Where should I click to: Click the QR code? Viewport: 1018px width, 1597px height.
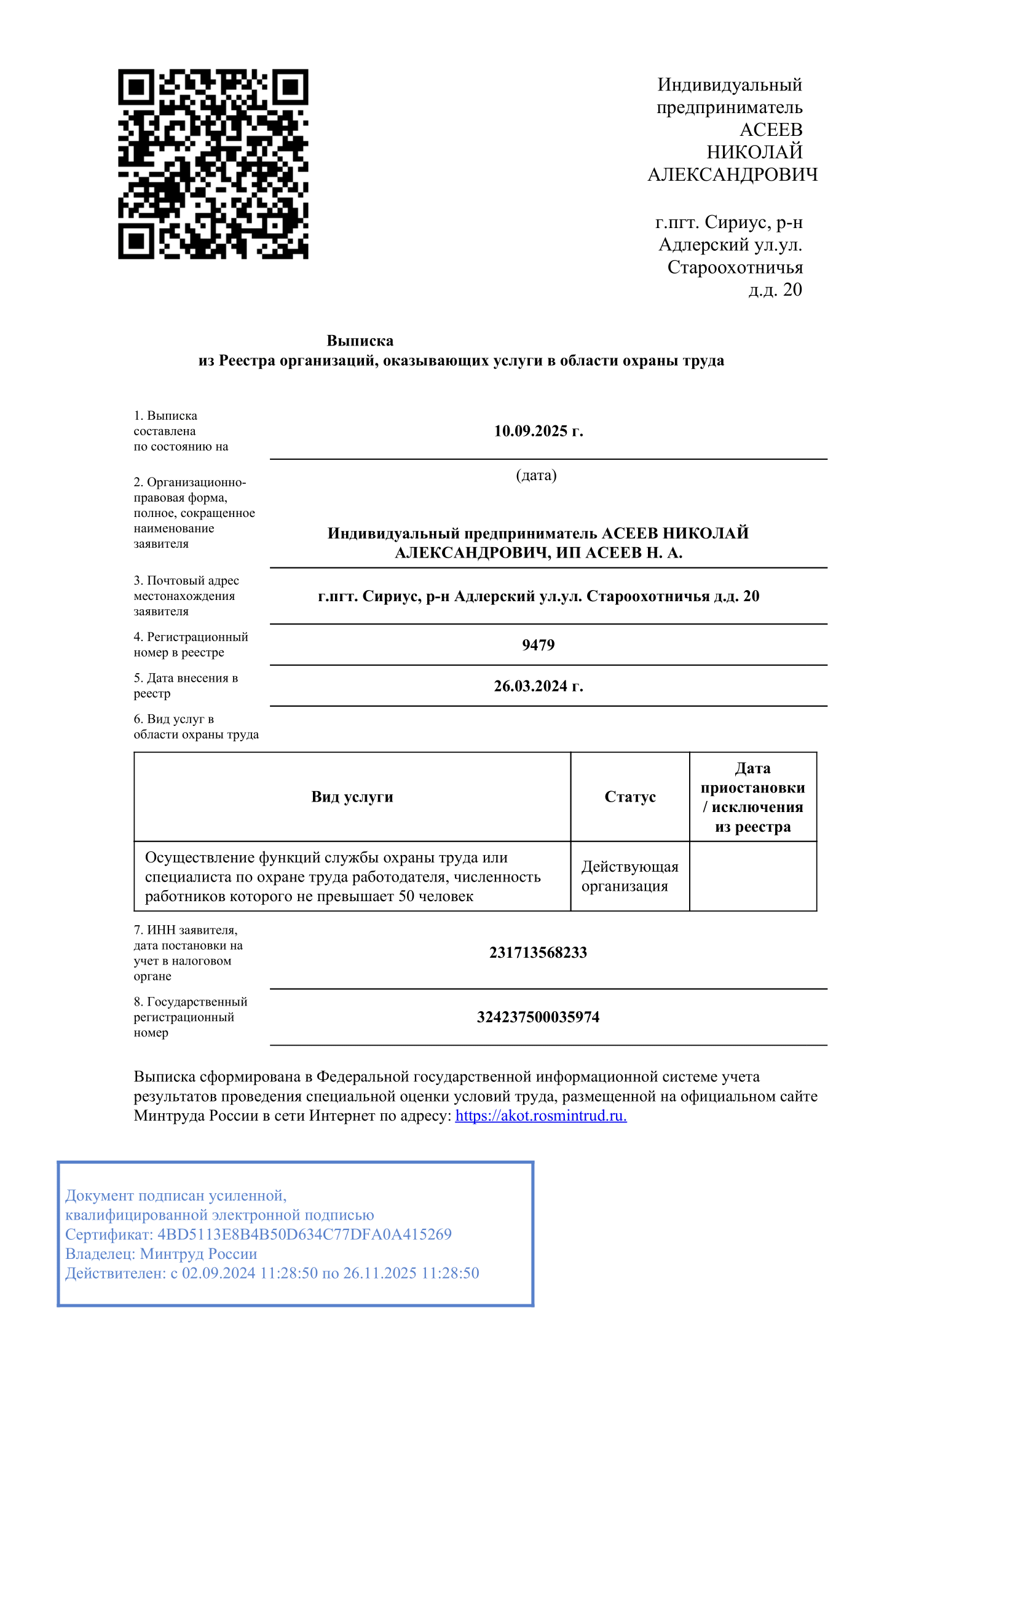point(213,164)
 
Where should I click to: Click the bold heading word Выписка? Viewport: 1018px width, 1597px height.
point(360,341)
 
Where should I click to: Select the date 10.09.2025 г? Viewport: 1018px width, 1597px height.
point(538,431)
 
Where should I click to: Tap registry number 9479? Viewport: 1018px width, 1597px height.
point(538,645)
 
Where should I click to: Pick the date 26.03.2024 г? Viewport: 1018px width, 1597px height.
point(538,686)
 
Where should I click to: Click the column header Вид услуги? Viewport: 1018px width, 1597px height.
point(352,797)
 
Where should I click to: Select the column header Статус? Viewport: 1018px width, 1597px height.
point(629,797)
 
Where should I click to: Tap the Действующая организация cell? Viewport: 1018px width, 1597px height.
point(629,876)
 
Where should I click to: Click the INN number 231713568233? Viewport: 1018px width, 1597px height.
point(538,952)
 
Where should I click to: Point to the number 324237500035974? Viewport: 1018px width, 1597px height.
point(538,1017)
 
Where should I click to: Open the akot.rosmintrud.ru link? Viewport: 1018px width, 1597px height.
point(540,1116)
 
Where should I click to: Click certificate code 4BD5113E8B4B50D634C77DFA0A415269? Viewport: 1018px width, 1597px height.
point(304,1234)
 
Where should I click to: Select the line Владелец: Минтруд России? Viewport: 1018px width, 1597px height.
point(161,1253)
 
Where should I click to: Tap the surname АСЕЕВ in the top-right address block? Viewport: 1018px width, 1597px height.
point(771,130)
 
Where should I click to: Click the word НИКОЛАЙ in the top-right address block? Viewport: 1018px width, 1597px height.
point(754,152)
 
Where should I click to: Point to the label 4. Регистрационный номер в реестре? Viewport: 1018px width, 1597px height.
point(191,645)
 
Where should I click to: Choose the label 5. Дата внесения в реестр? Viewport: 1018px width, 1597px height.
point(185,686)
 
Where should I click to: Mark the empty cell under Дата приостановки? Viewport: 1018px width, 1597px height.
point(752,876)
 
